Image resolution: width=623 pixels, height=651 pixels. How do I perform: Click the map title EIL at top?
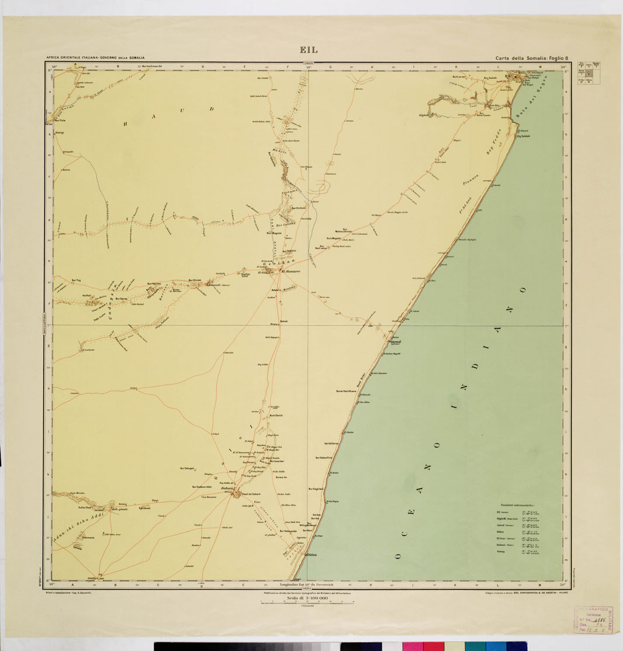point(309,50)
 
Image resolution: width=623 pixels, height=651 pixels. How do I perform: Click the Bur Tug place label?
point(75,281)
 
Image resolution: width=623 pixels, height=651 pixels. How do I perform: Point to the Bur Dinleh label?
point(195,281)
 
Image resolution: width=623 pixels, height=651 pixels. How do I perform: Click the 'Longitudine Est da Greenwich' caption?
point(308,584)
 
